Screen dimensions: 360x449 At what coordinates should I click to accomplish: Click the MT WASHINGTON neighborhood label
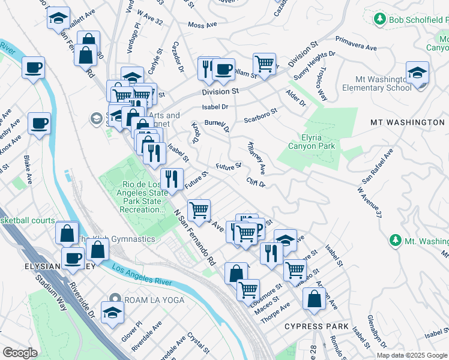tap(407, 122)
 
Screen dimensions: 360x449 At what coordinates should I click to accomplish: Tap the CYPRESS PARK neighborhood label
tap(316, 326)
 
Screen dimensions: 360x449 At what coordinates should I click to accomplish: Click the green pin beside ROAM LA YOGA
tap(115, 299)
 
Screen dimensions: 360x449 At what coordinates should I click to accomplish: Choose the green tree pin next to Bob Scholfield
tap(379, 20)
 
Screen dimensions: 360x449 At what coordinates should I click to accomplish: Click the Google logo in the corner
tap(20, 353)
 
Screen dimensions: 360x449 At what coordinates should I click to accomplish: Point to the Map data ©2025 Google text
tap(411, 355)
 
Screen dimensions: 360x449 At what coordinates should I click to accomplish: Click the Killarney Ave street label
tap(257, 158)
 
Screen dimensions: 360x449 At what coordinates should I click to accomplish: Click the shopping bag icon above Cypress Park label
tap(314, 298)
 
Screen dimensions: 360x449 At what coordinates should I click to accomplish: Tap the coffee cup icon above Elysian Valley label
tap(73, 259)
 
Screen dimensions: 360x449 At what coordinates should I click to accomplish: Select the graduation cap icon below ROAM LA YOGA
tap(112, 313)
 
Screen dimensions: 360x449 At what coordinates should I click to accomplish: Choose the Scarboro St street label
tap(260, 115)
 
